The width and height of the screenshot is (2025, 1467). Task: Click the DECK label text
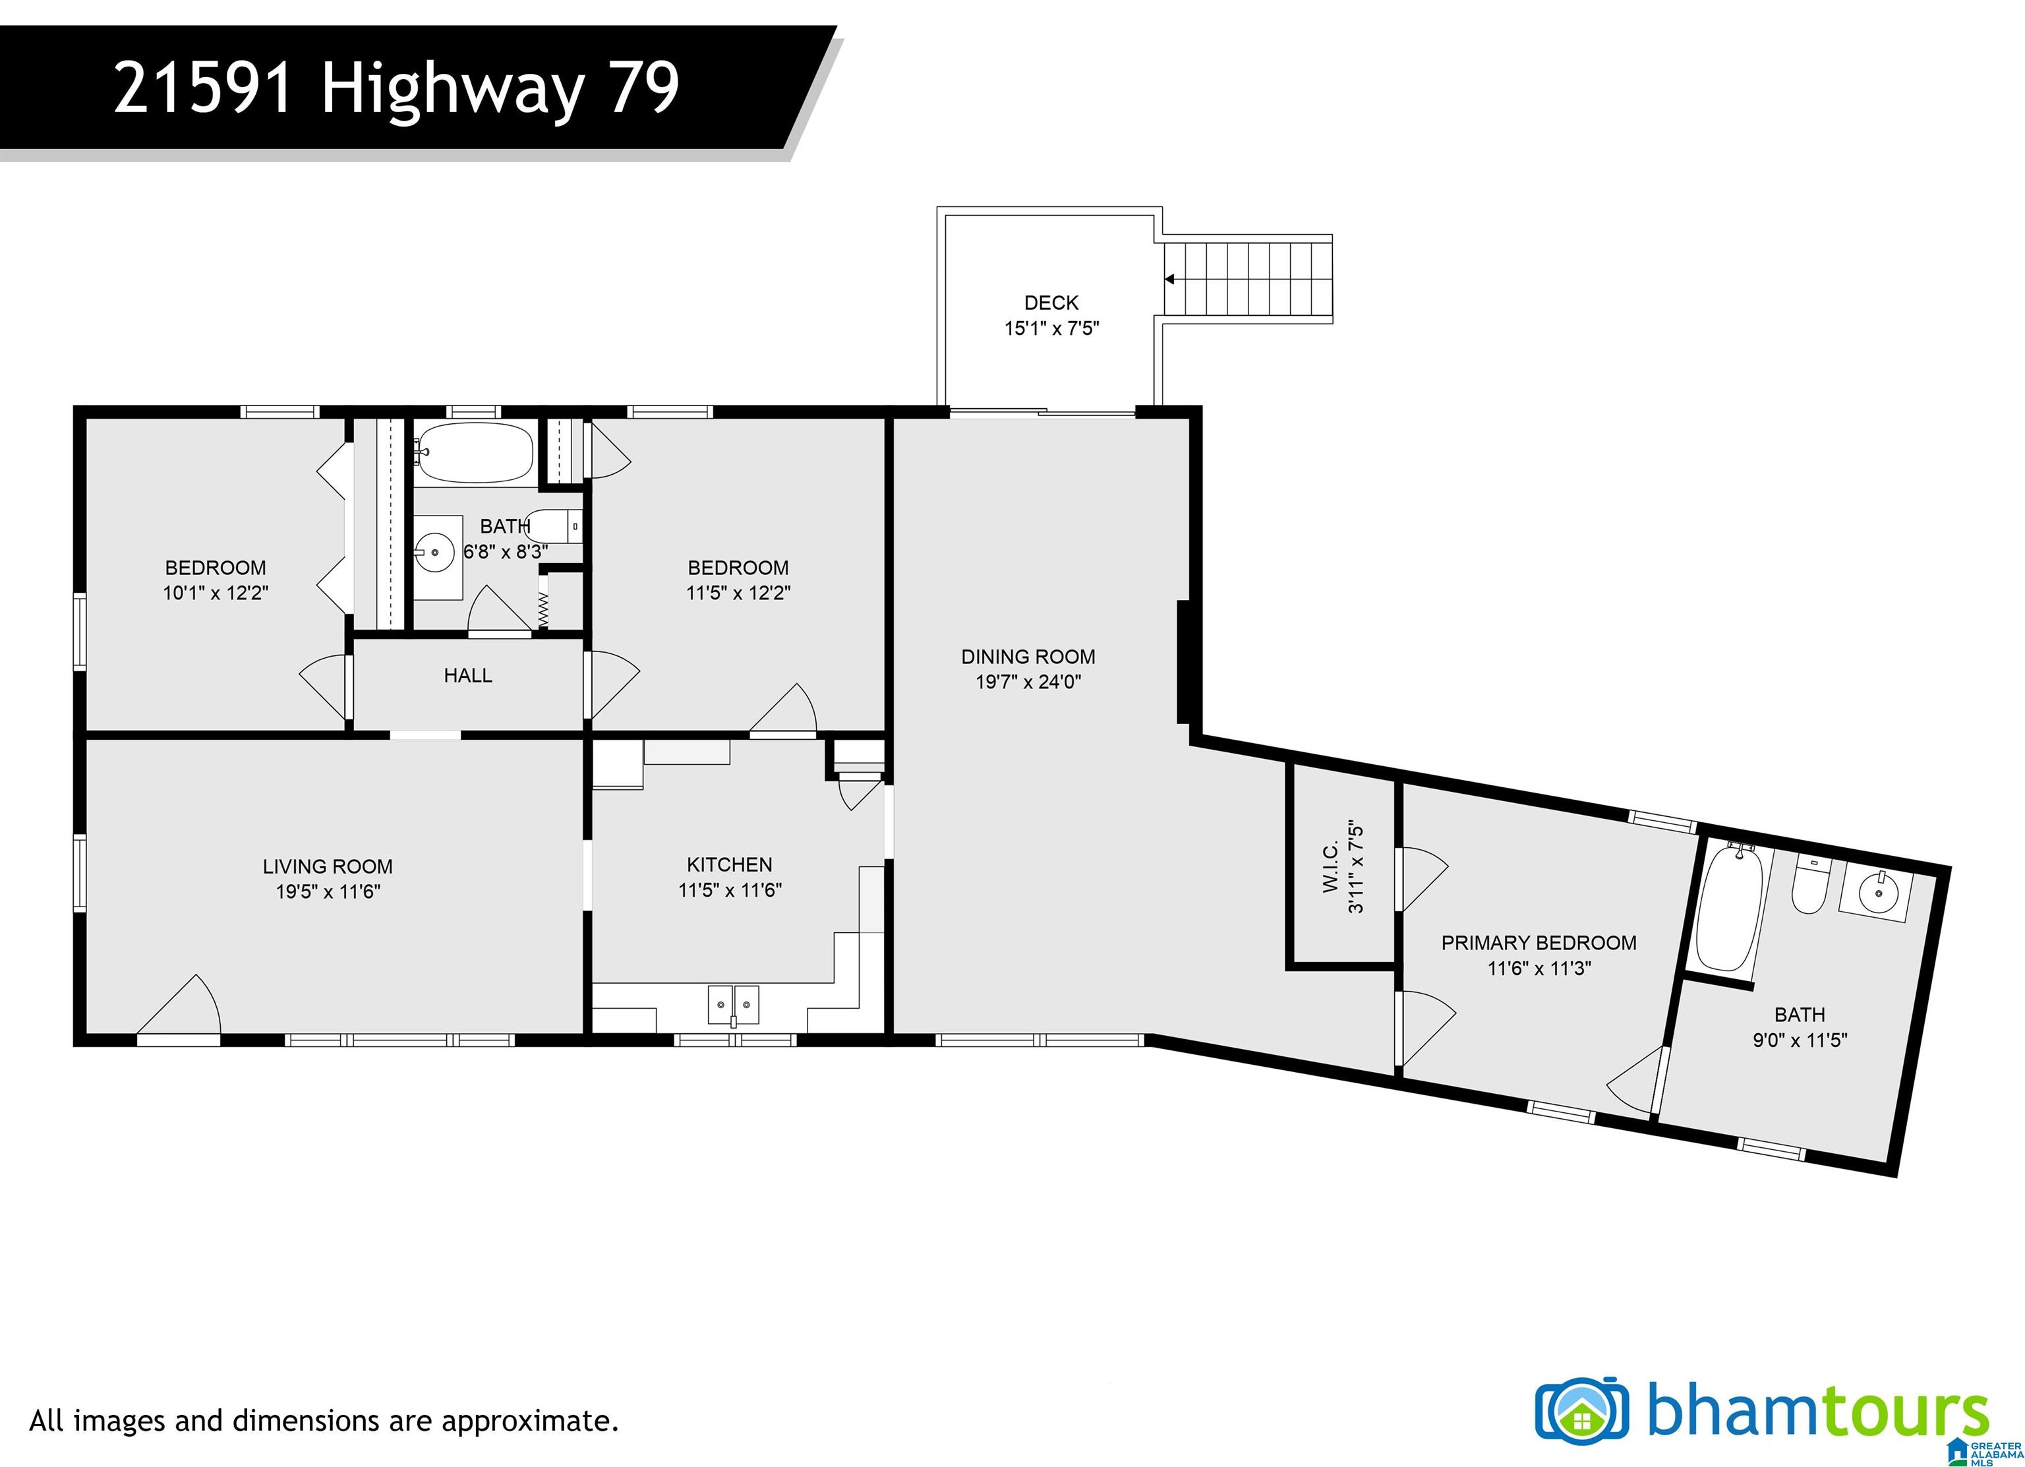click(1051, 303)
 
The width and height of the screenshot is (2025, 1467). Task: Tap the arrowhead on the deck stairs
click(1169, 280)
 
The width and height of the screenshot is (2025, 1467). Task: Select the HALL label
click(468, 676)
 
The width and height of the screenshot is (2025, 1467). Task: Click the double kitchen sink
click(733, 1005)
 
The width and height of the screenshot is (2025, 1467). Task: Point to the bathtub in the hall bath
click(475, 453)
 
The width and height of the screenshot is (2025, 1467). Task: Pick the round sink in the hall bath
click(436, 552)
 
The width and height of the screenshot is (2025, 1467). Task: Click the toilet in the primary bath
click(1810, 884)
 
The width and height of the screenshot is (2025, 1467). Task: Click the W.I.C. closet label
click(1330, 865)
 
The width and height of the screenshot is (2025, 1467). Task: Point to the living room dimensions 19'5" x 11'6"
click(328, 891)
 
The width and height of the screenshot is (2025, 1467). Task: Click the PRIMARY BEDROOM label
click(1539, 943)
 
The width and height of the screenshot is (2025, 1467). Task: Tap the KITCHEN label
click(730, 864)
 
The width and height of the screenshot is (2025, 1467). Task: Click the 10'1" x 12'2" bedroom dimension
click(215, 593)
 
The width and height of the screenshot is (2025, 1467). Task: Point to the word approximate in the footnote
click(527, 1420)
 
